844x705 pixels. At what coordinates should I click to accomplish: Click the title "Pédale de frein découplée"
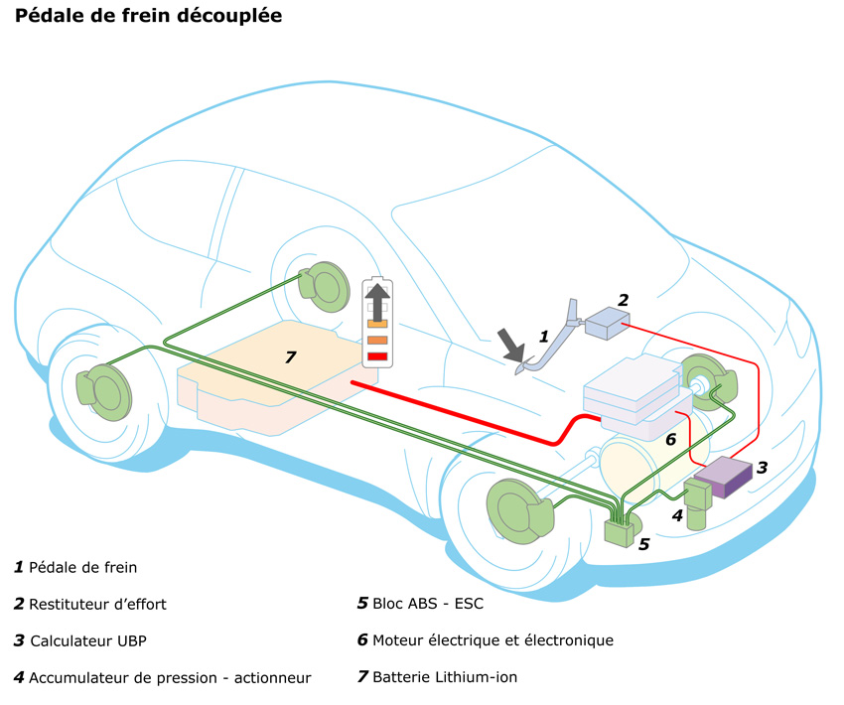click(148, 17)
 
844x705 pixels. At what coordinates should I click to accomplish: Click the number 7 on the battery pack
click(290, 356)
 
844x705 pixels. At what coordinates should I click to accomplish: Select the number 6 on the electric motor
click(670, 438)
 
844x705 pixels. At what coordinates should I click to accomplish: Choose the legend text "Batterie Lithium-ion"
click(444, 677)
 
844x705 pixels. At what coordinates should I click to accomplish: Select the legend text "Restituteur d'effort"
click(97, 604)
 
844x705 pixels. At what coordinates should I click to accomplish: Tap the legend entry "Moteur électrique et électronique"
click(492, 640)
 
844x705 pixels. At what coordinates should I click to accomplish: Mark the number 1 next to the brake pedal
click(543, 336)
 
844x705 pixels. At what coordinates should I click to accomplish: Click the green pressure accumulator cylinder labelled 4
click(697, 504)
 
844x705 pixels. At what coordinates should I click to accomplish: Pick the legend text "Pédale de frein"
click(82, 567)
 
